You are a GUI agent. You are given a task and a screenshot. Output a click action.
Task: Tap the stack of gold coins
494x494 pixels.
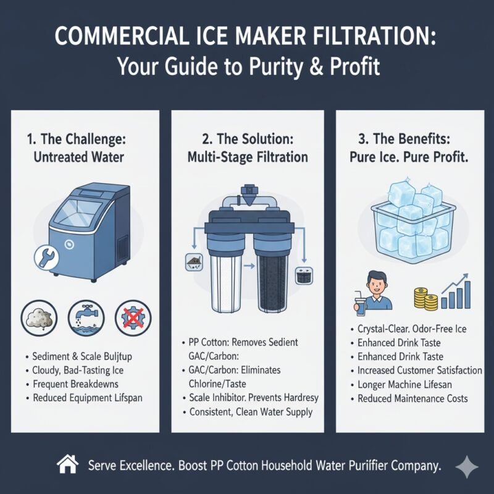[425, 298]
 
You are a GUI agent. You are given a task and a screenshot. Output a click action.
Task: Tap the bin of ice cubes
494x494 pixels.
[410, 222]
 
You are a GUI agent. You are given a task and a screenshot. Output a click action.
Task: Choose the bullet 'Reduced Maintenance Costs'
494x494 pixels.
[412, 398]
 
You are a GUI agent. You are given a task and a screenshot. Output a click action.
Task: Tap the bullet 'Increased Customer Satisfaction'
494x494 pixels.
[420, 371]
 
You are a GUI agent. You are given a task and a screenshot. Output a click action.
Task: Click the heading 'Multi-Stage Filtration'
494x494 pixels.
[247, 157]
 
